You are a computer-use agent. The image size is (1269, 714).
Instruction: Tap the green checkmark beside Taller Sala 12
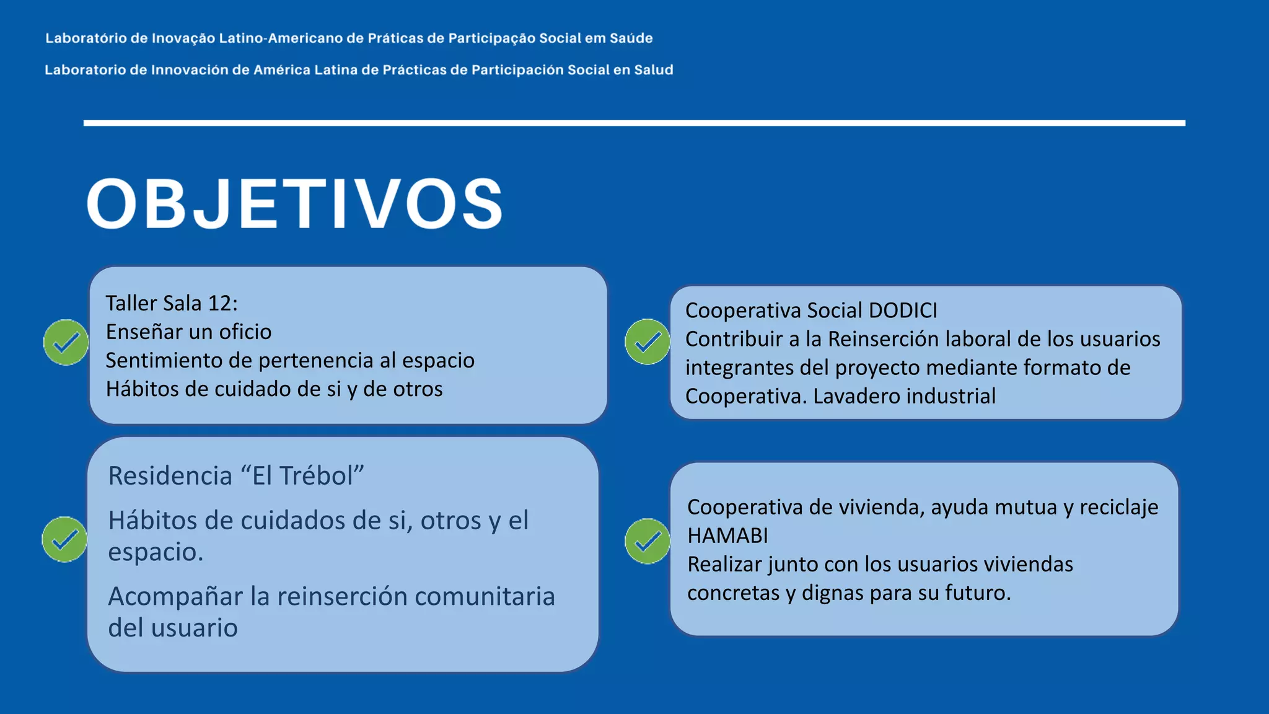[66, 342]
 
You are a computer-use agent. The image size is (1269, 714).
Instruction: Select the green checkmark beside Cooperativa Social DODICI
[648, 342]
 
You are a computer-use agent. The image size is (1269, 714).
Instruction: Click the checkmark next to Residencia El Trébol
[65, 539]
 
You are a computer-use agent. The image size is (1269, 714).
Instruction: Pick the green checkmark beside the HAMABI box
[648, 541]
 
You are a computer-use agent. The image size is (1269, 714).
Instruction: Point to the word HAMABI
[727, 535]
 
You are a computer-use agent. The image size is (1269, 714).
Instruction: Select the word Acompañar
[175, 596]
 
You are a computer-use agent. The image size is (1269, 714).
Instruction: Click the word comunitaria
[484, 596]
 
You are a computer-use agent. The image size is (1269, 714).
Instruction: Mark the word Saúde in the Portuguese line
[631, 38]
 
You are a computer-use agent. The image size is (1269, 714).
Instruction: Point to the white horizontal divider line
[634, 123]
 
